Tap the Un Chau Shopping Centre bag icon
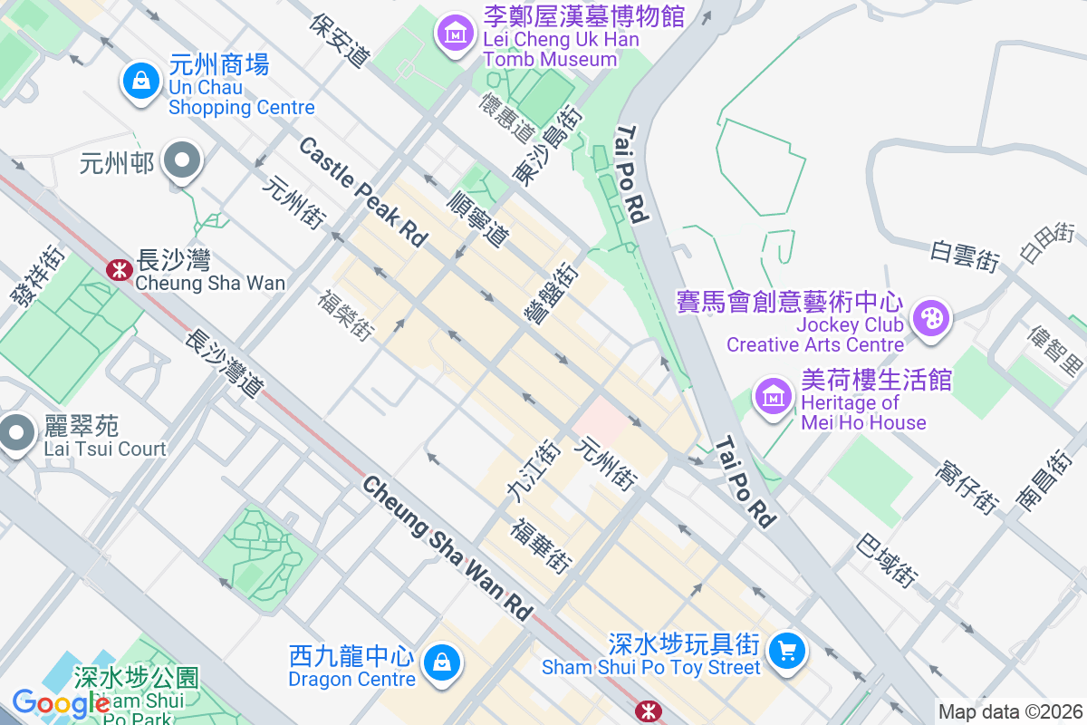pos(141,81)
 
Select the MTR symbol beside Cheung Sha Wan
pos(117,268)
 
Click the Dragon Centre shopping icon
pos(441,662)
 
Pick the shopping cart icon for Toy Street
pos(785,650)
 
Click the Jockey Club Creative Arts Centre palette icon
pos(930,318)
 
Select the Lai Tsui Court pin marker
pos(15,432)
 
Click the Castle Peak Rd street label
pos(362,191)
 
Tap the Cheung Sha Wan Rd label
pos(447,549)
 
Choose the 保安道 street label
pos(341,40)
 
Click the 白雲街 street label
pos(964,256)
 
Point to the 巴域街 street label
pos(889,562)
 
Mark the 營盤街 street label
pos(553,291)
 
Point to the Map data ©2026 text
pos(1010,712)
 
